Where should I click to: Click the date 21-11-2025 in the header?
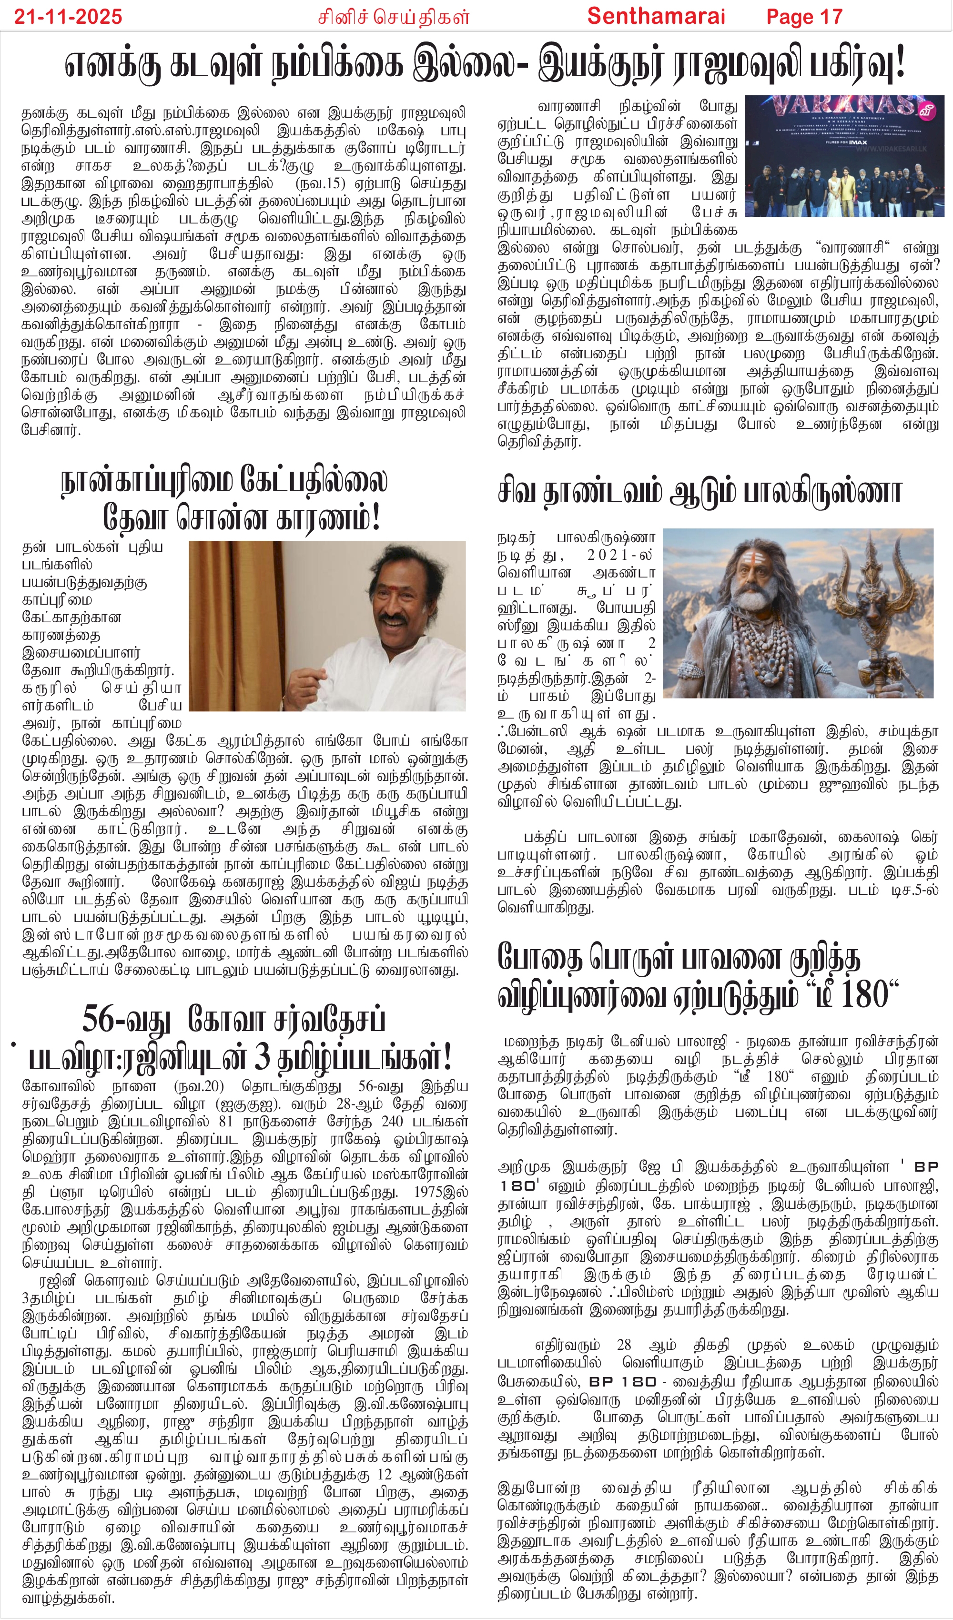pyautogui.click(x=68, y=16)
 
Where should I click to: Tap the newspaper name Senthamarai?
pyautogui.click(x=656, y=16)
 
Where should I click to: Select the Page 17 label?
pyautogui.click(x=804, y=17)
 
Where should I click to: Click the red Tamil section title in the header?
pyautogui.click(x=394, y=17)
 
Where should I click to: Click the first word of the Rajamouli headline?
pyautogui.click(x=112, y=64)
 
